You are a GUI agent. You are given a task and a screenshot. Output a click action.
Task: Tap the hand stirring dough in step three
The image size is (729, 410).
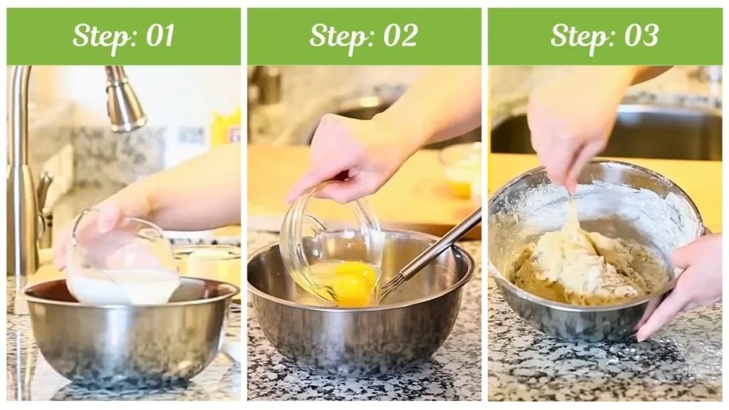[570, 128]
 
